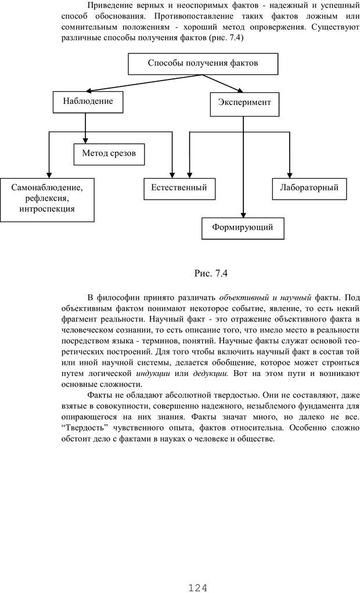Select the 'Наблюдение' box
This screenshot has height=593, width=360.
88,102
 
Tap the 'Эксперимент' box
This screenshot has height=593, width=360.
244,103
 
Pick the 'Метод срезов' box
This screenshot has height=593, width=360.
109,154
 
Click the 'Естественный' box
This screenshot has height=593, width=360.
179,188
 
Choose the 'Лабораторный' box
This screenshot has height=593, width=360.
309,188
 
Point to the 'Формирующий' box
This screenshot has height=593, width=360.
243,227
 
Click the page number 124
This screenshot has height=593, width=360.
198,587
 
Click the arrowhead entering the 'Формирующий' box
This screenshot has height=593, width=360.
243,214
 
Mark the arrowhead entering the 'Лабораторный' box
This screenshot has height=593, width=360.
289,175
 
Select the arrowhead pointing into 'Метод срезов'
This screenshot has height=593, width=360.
85,141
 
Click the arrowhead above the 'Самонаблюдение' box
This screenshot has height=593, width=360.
49,175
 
